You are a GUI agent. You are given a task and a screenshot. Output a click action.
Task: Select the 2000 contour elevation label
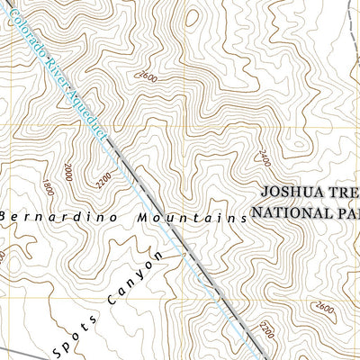[x=68, y=172]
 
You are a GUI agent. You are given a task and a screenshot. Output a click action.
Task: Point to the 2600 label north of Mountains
[x=148, y=78]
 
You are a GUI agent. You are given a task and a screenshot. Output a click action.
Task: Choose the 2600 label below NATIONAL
[x=325, y=310]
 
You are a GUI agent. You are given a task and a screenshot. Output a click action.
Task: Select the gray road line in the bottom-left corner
[x=13, y=350]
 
